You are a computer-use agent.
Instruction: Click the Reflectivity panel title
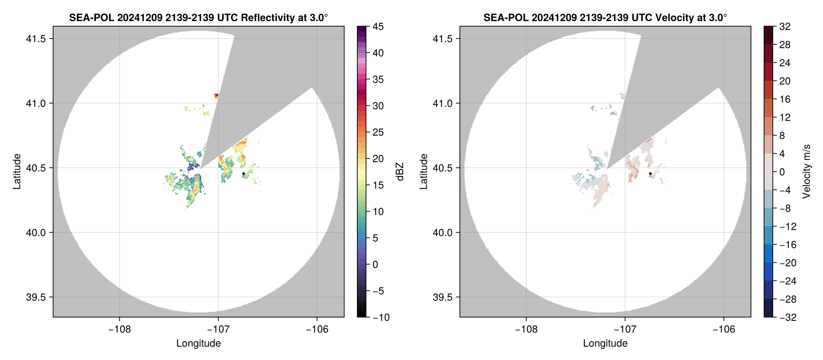coord(198,17)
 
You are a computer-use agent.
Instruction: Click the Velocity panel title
coord(605,17)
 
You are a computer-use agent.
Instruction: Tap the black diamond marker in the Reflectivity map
coord(243,173)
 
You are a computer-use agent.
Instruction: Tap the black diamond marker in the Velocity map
coord(650,173)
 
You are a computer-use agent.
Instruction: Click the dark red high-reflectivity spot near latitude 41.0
coord(216,96)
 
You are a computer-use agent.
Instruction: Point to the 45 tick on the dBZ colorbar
coord(378,27)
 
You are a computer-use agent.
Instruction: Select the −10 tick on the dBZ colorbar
coord(381,317)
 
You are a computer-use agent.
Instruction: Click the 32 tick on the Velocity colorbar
coord(785,27)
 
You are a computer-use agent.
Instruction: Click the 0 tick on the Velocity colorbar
coord(782,172)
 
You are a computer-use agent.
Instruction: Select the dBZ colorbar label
coord(399,172)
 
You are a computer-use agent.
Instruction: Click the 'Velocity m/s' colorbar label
coord(806,172)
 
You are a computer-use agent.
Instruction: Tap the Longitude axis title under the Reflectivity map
coord(198,343)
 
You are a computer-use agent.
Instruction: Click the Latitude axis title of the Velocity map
coord(423,172)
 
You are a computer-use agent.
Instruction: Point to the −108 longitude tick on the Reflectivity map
coord(119,329)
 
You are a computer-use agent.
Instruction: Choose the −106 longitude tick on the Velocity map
coord(723,329)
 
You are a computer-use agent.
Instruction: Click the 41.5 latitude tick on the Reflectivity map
coord(36,39)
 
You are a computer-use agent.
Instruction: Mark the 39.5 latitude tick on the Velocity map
coord(442,297)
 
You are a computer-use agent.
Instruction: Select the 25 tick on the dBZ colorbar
coord(378,132)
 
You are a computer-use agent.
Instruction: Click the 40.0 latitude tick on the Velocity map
coord(442,232)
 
